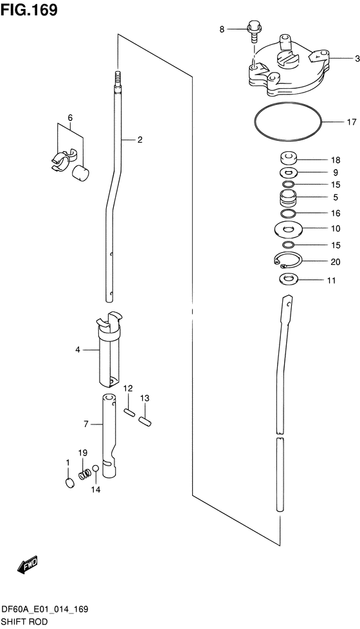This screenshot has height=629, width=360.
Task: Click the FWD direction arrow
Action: (28, 565)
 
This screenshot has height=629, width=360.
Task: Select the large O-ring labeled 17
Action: (287, 122)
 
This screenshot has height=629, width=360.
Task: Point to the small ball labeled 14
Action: (95, 469)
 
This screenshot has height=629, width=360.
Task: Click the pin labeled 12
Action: (129, 413)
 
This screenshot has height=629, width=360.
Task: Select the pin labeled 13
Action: (144, 421)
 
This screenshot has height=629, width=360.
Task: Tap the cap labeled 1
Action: (69, 482)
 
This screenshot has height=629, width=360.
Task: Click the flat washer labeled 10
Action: (287, 229)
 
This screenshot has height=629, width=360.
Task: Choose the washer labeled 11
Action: (287, 278)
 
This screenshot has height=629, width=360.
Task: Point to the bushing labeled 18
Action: (287, 159)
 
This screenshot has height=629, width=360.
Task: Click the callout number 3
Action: (357, 59)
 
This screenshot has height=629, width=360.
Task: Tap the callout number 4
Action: (77, 350)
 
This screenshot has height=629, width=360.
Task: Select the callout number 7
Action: (85, 424)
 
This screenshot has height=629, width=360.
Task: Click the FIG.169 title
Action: (29, 10)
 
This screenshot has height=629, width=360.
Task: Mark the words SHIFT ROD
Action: (24, 622)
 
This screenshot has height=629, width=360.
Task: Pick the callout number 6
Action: (70, 118)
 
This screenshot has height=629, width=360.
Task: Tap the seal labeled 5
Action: (287, 197)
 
